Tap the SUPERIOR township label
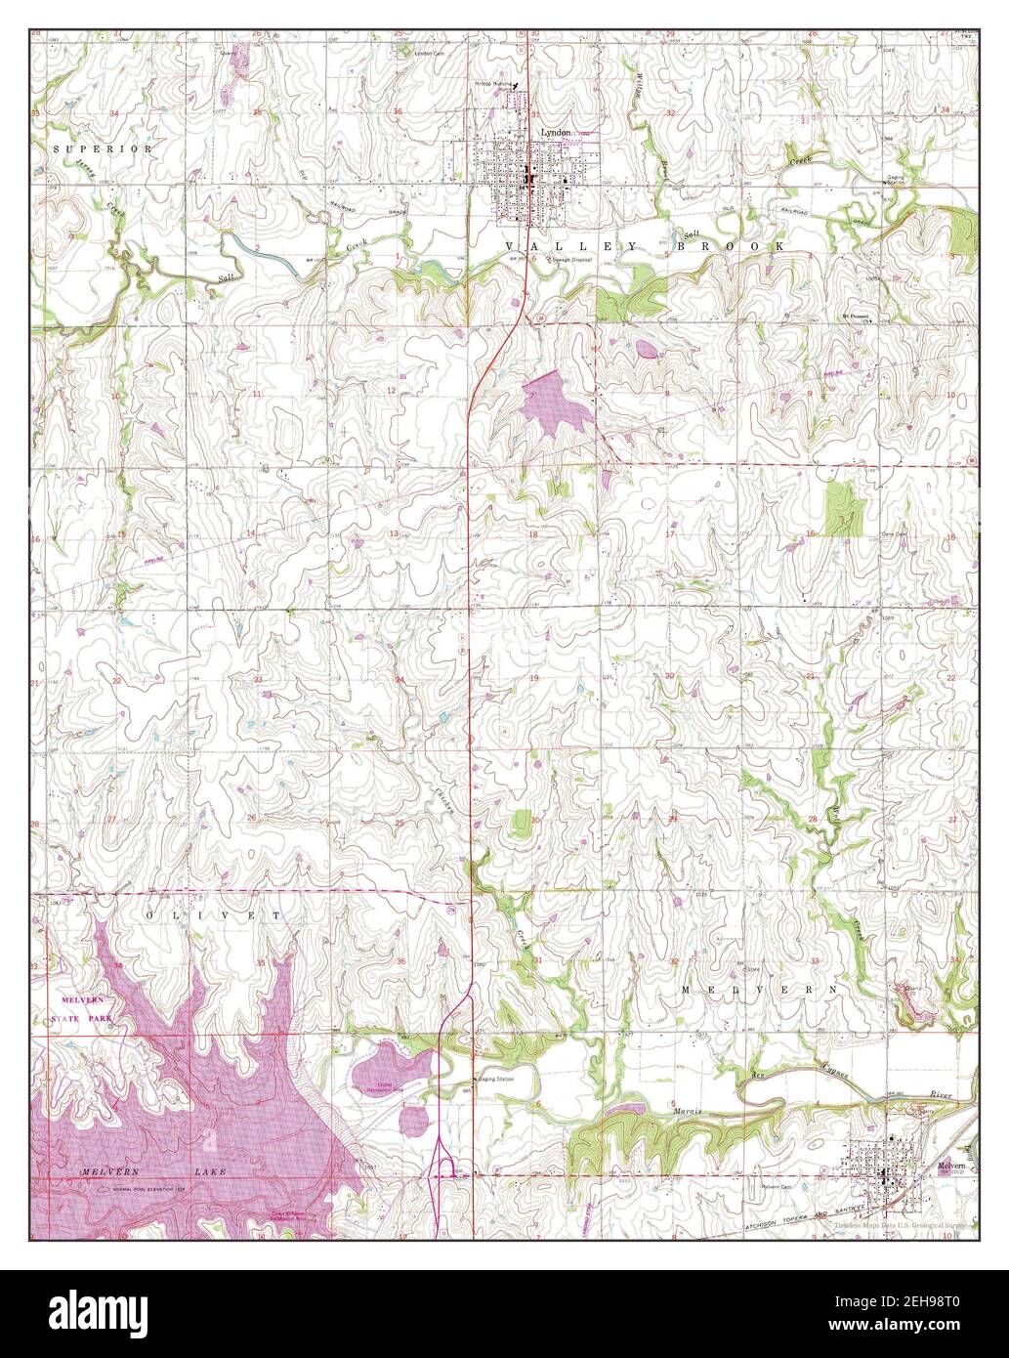[x=104, y=149]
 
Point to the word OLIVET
[x=213, y=915]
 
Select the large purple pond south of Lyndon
[x=557, y=402]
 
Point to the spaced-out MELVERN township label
[x=759, y=990]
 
